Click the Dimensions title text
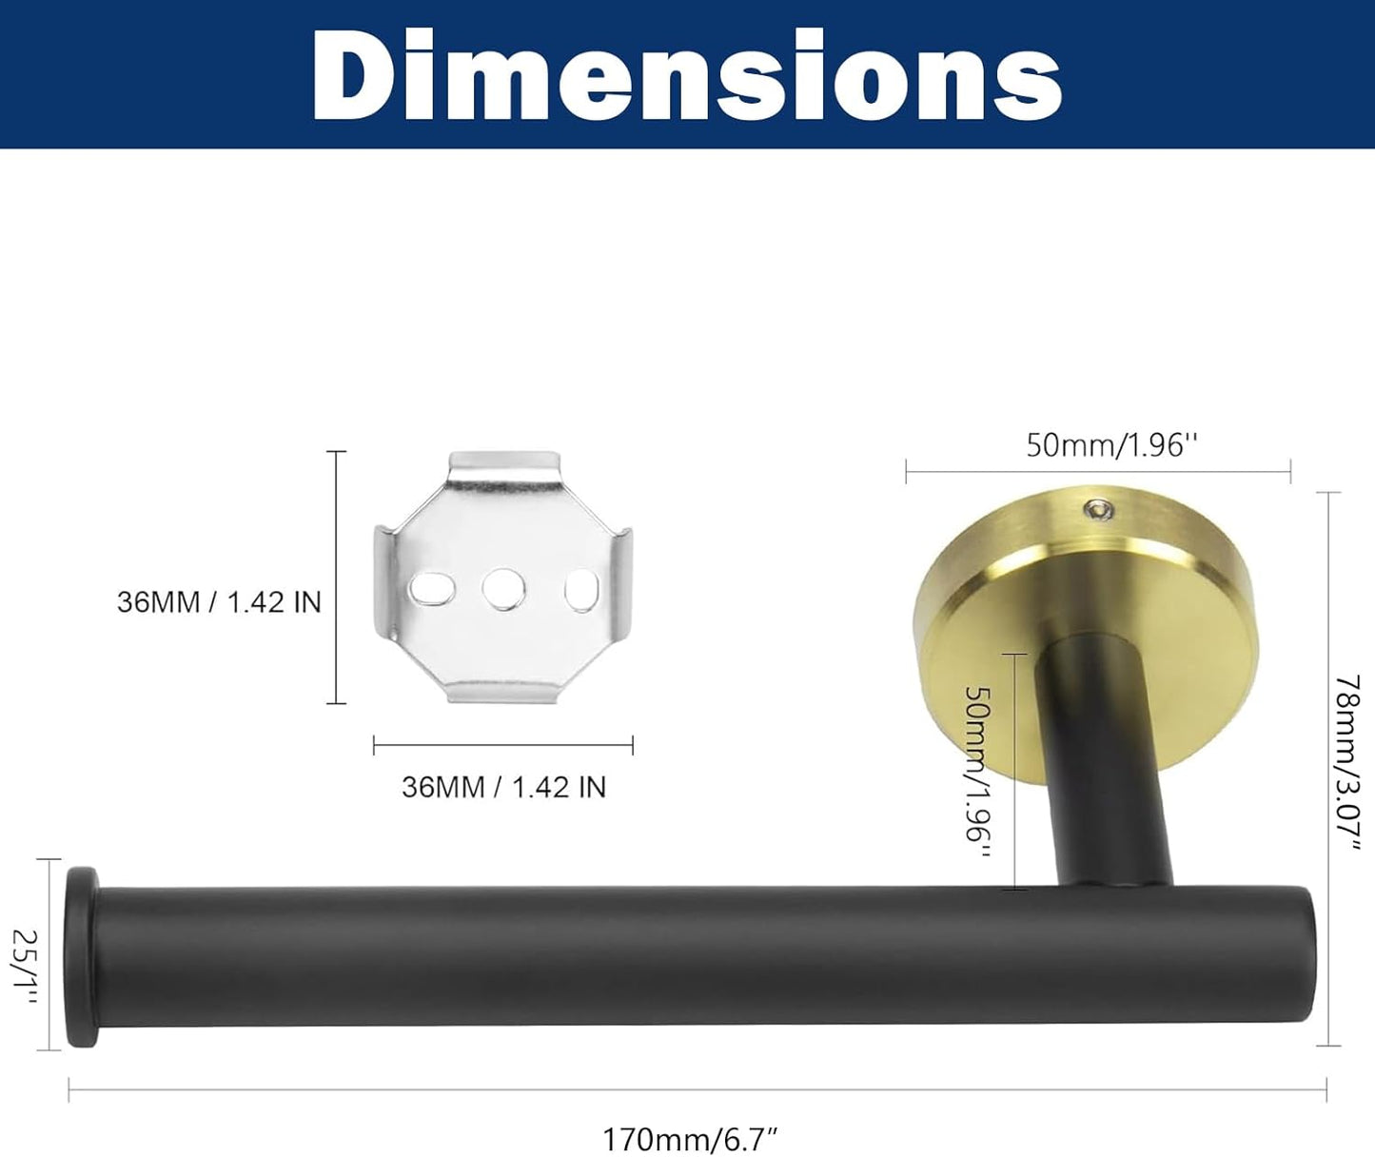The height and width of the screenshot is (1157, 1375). (x=687, y=76)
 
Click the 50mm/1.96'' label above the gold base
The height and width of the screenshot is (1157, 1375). (x=1110, y=444)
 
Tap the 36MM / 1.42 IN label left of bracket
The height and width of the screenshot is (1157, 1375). (x=219, y=602)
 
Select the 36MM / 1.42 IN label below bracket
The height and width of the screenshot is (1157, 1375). (x=503, y=787)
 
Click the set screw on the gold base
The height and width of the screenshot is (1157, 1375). (x=1102, y=511)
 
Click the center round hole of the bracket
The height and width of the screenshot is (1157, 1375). (x=503, y=590)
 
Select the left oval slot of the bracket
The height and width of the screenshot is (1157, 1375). (x=431, y=591)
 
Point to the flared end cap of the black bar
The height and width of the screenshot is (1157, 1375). (x=81, y=956)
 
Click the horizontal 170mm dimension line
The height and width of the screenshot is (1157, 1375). (x=697, y=1089)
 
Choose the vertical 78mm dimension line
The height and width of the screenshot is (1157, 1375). (x=1327, y=769)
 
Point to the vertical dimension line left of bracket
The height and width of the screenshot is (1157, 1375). (x=336, y=578)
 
